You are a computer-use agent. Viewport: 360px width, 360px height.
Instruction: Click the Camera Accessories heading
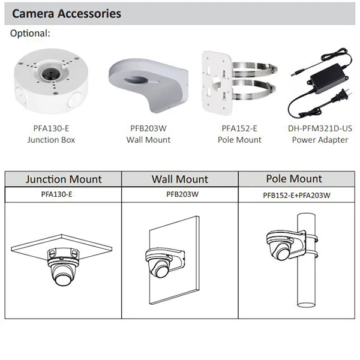[x=67, y=14]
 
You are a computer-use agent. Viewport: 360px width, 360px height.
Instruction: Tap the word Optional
[x=30, y=33]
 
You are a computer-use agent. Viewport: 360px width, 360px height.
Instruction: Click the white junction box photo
[x=51, y=81]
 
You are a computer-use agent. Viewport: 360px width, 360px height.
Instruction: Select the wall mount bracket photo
[x=149, y=85]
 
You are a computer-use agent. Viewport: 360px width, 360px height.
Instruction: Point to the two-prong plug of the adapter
[x=341, y=96]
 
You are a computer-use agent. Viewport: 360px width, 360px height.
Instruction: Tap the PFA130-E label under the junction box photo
[x=51, y=128]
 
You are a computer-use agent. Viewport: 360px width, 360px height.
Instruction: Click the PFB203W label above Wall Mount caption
[x=148, y=128]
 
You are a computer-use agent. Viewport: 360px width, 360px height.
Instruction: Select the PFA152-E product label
[x=239, y=128]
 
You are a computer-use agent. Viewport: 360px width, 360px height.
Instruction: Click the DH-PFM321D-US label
[x=320, y=128]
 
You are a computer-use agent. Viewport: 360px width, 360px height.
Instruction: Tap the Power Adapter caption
[x=320, y=140]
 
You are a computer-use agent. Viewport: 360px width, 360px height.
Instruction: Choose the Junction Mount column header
[x=64, y=179]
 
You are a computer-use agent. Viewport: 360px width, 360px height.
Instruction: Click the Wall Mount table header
[x=180, y=179]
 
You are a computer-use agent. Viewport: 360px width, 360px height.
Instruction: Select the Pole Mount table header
[x=294, y=179]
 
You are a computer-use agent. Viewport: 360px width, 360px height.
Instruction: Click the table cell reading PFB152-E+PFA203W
[x=296, y=196]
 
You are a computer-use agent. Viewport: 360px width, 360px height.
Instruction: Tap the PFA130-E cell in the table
[x=57, y=194]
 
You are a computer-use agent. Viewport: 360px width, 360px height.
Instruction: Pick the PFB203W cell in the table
[x=182, y=194]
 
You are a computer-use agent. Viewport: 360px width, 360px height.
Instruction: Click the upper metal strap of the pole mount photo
[x=256, y=70]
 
